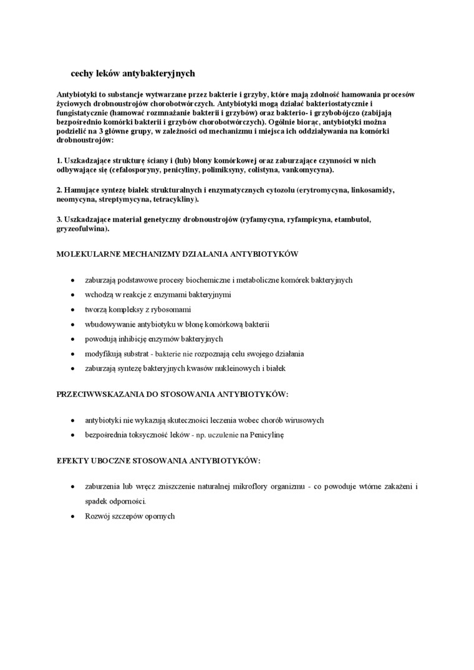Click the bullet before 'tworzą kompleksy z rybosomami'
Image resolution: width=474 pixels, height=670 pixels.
74,310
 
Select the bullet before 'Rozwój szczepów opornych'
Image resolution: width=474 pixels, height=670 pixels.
74,517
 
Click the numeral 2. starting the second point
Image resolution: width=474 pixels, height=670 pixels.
59,189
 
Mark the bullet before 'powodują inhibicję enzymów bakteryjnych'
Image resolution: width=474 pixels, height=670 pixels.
74,340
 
